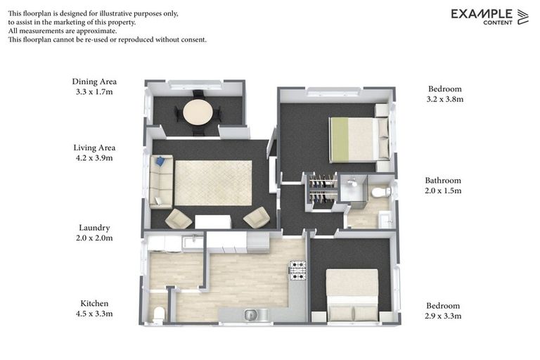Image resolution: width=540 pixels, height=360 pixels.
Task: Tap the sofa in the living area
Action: point(161,181)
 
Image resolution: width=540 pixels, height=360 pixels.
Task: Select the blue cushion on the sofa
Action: point(160,162)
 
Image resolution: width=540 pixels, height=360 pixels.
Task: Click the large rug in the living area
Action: point(213,182)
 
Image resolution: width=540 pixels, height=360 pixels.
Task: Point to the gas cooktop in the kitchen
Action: point(298,270)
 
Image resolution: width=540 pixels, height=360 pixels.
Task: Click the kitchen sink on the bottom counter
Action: point(250,314)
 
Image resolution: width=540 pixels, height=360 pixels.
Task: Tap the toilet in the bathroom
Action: point(380,191)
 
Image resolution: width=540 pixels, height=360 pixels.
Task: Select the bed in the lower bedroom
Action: point(352,294)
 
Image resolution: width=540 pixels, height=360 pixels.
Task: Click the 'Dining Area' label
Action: point(94,82)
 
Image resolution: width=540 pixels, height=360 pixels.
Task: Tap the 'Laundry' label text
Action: point(94,228)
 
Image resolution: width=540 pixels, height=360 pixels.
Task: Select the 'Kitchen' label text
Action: point(94,303)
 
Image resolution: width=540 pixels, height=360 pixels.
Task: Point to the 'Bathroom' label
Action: point(443,181)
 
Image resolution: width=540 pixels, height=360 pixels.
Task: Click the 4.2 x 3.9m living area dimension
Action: point(94,158)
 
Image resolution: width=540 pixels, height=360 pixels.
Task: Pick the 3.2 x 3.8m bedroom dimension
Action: point(445,99)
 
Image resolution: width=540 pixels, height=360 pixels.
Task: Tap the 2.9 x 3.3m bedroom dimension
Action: point(443,316)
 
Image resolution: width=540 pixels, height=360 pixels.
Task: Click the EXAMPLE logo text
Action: point(482,13)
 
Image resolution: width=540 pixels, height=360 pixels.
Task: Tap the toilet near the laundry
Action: point(158,314)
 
